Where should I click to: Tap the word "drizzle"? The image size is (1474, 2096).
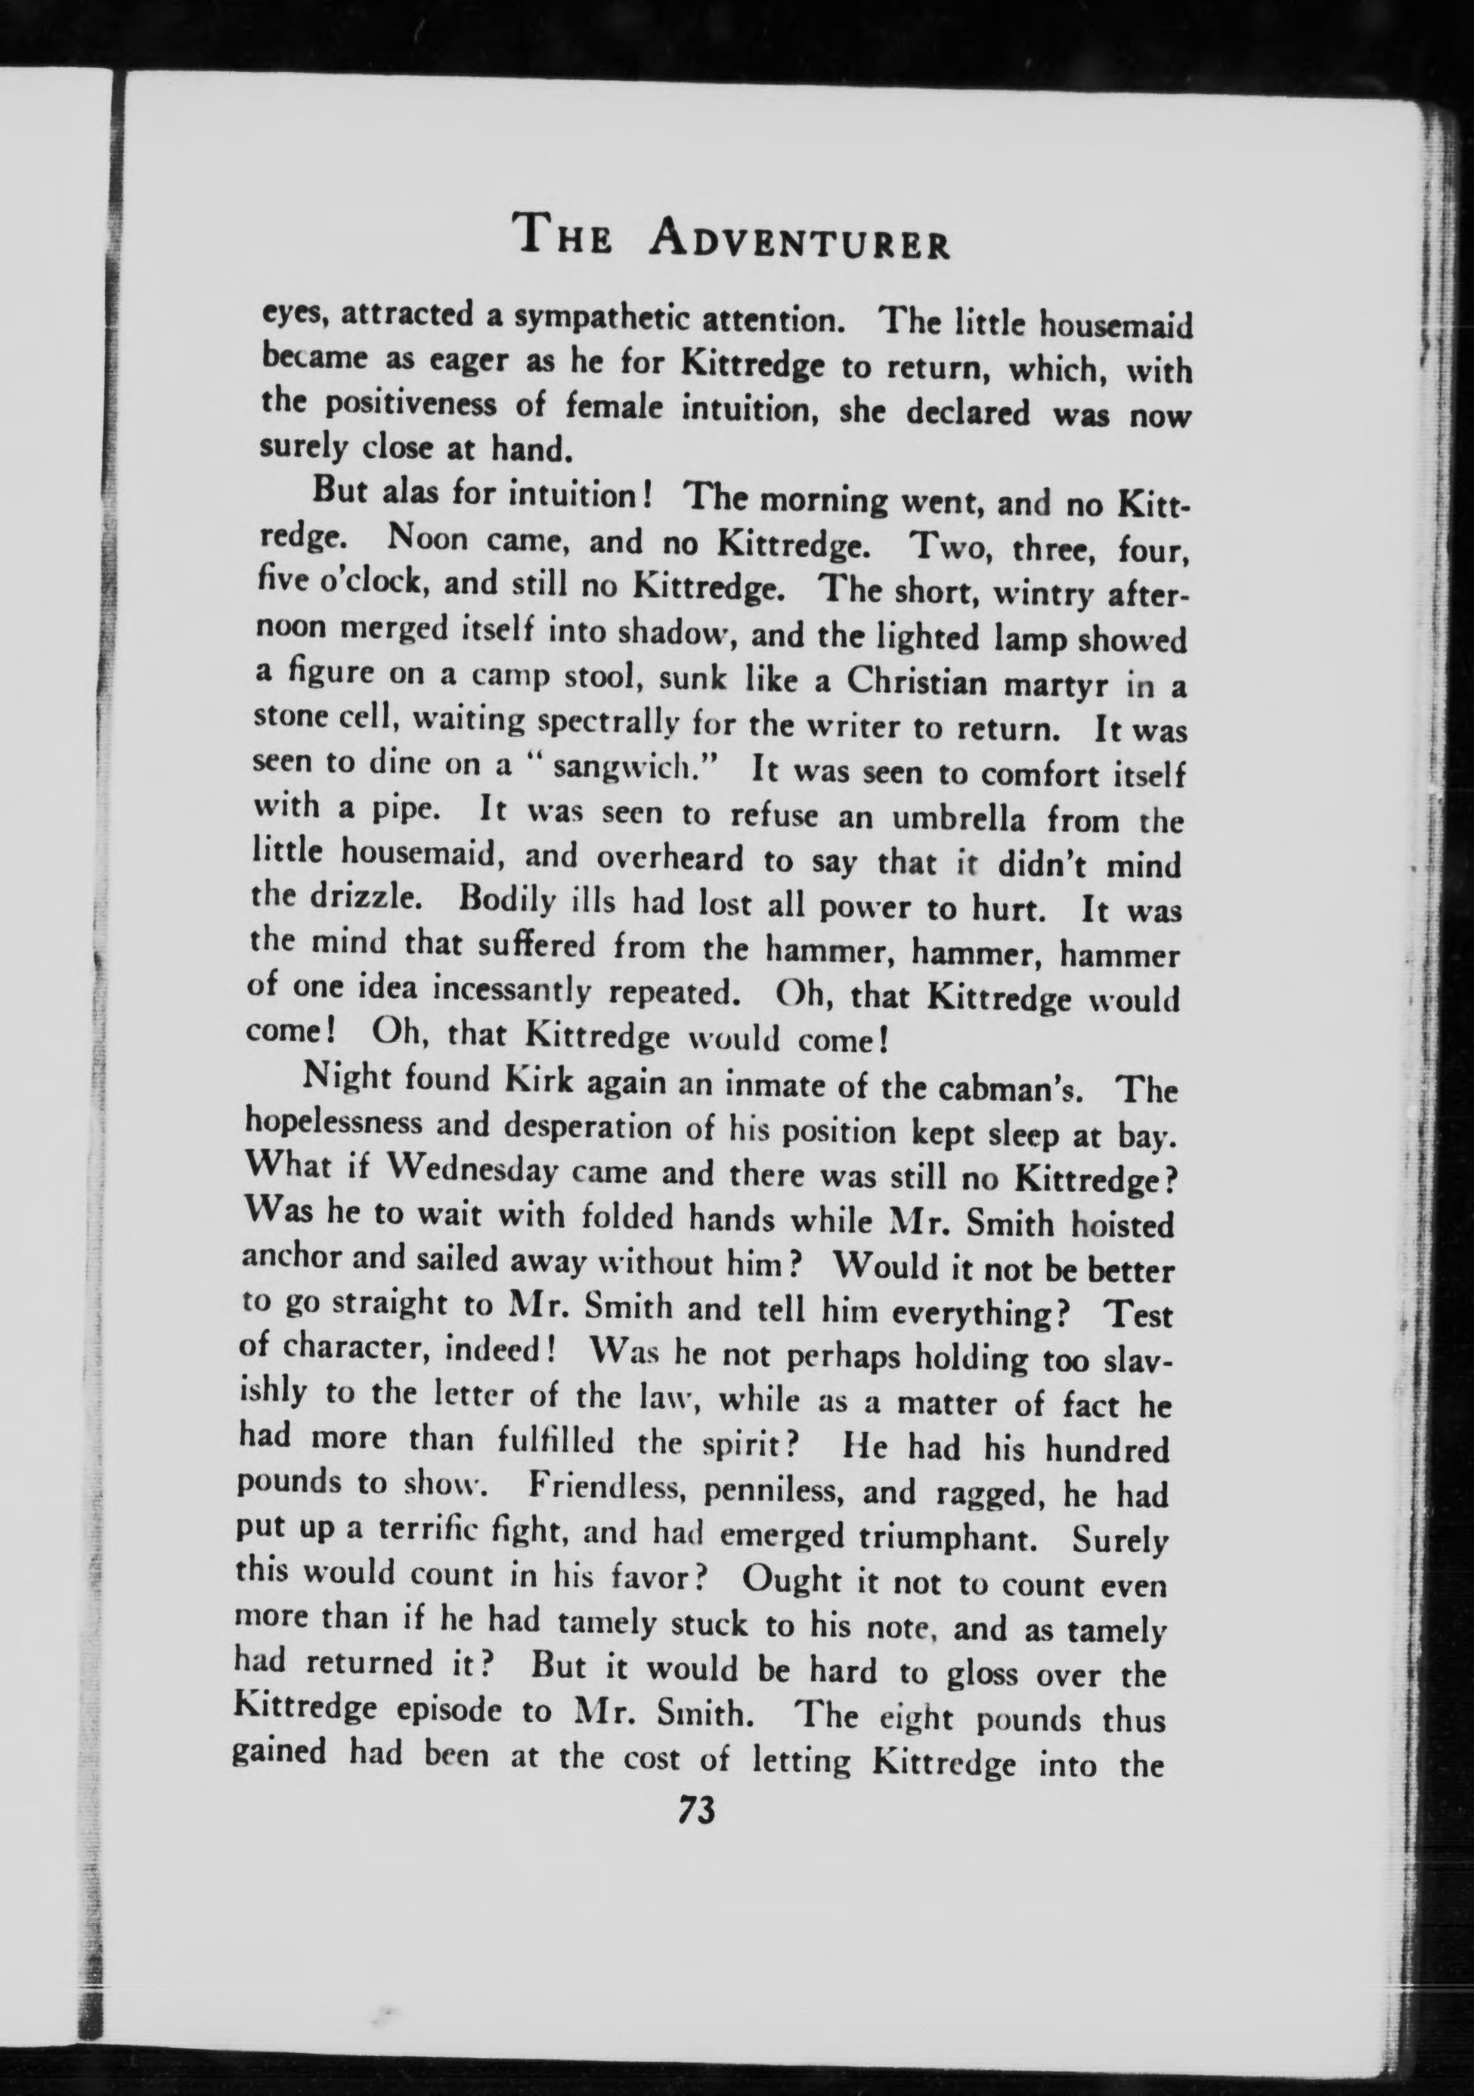point(365,898)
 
